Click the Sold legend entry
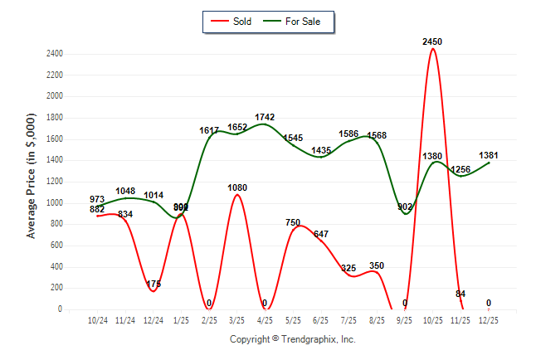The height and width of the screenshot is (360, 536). (238, 22)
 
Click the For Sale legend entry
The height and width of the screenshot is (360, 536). (295, 22)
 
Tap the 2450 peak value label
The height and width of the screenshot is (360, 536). (432, 41)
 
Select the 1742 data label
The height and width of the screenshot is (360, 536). (265, 117)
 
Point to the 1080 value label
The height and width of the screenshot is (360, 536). (237, 187)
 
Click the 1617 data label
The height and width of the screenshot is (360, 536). (209, 130)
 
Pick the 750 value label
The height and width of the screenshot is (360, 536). (293, 222)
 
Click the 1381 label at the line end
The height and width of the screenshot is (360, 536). (489, 155)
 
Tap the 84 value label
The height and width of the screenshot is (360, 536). (460, 294)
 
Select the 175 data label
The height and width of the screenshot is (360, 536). (153, 285)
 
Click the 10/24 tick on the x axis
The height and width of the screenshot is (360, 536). (98, 319)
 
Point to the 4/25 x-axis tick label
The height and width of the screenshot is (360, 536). (265, 319)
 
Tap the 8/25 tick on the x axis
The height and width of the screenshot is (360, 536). (377, 319)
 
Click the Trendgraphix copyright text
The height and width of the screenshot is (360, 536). (292, 339)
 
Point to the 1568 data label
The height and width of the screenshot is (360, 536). (377, 135)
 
